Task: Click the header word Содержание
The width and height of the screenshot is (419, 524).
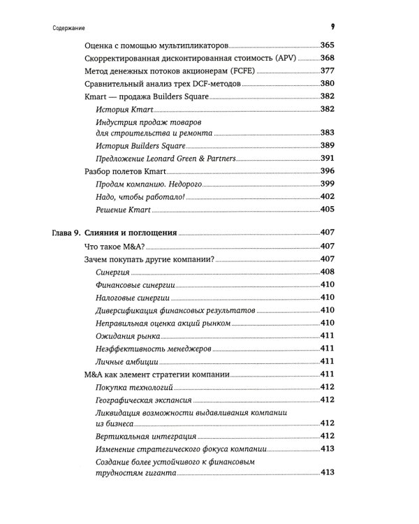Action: click(68, 28)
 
